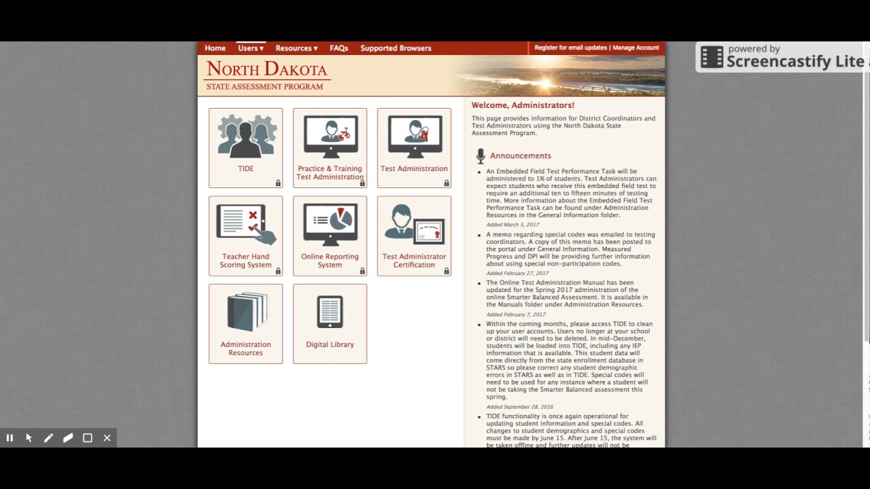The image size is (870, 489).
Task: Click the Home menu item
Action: [x=215, y=48]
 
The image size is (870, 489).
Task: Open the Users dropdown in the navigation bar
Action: [x=250, y=48]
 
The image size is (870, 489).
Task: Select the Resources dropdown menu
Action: [x=296, y=48]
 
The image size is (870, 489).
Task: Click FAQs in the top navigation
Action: [x=338, y=48]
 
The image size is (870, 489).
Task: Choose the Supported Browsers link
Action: [x=396, y=48]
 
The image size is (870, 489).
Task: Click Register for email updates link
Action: [x=570, y=48]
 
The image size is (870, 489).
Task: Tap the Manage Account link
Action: [x=636, y=48]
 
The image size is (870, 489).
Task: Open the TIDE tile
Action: [x=245, y=147]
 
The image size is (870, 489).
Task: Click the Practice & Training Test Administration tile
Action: [x=330, y=147]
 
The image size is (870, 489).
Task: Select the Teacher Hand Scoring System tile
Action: [x=245, y=236]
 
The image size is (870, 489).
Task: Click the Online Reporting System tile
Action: [x=330, y=236]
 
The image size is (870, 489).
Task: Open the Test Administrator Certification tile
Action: [x=414, y=236]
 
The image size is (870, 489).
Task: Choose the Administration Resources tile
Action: [x=245, y=323]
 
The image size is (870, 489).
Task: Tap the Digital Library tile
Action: [x=330, y=323]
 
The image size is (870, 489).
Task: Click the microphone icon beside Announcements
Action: [x=481, y=156]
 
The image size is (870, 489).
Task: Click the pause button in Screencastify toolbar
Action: [x=10, y=438]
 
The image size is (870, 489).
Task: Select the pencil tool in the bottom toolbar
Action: [x=48, y=438]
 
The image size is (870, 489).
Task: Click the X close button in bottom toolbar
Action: [x=107, y=438]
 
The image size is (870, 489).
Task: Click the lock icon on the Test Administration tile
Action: [x=447, y=183]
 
